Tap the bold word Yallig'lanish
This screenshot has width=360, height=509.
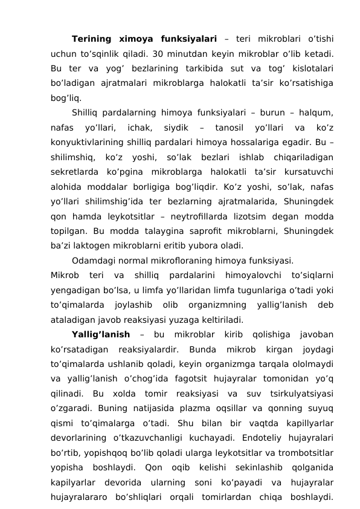(100, 334)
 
